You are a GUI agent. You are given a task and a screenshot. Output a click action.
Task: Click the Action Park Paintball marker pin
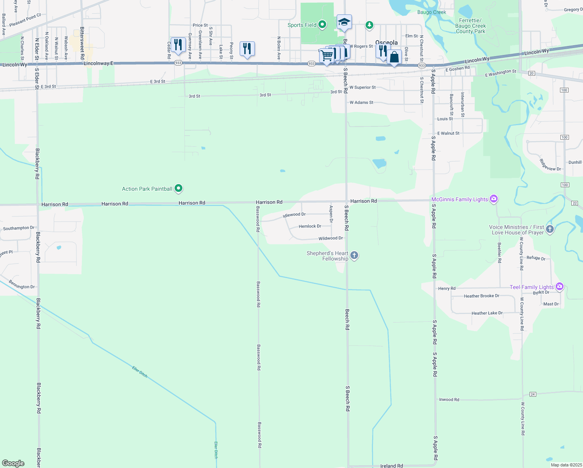(178, 188)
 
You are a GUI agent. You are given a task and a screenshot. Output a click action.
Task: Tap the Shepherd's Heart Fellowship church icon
(354, 255)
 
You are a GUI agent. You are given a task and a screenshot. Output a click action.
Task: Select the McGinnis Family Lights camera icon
(494, 199)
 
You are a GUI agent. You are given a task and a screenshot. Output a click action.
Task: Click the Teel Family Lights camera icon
(560, 287)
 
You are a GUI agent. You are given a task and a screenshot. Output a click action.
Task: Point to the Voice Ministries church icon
(550, 229)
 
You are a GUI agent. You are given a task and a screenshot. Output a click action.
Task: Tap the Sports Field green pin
(322, 25)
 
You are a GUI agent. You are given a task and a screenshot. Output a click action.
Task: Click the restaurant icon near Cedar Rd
(178, 44)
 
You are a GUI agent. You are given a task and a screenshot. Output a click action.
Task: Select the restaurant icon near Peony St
(247, 48)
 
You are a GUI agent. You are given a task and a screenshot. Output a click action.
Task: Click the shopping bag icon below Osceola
(394, 57)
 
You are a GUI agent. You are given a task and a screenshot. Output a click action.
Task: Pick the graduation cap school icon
(344, 22)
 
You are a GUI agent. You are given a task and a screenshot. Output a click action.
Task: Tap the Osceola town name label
(386, 43)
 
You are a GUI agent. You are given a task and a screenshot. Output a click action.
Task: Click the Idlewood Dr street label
(294, 214)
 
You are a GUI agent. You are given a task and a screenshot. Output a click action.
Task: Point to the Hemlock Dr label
(310, 226)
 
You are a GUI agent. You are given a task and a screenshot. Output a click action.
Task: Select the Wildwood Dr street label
(330, 238)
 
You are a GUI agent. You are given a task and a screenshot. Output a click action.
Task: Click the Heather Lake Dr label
(487, 313)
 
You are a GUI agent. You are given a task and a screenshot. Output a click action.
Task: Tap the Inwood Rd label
(449, 399)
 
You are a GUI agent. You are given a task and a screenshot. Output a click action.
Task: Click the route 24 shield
(533, 394)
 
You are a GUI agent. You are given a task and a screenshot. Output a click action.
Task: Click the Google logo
(13, 463)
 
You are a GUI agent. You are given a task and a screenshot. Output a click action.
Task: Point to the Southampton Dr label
(19, 228)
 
